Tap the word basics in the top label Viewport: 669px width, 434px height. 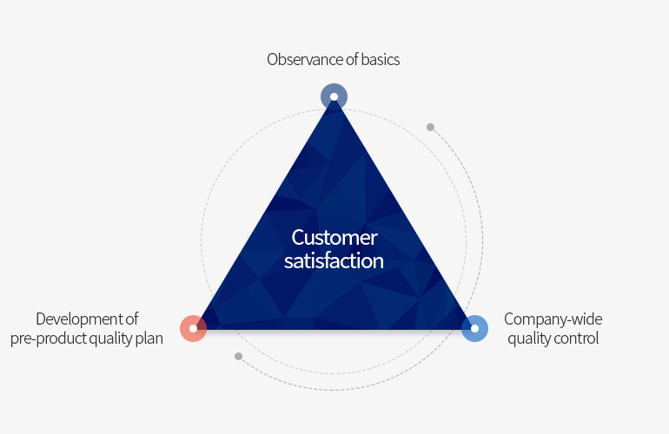click(381, 60)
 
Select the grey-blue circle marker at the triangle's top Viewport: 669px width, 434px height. click(334, 96)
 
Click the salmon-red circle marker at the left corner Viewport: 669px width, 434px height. click(193, 328)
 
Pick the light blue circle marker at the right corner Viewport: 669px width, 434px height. click(474, 328)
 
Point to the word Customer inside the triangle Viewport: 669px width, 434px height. click(334, 238)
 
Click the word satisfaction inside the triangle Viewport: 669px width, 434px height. click(334, 260)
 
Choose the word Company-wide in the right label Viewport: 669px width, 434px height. click(553, 319)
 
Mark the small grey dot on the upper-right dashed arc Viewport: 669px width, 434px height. click(430, 127)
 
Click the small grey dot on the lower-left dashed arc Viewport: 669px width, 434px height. click(239, 356)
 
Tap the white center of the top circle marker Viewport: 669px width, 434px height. click(334, 96)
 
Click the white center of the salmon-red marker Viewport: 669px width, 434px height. click(193, 328)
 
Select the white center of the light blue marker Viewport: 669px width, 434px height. click(474, 328)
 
